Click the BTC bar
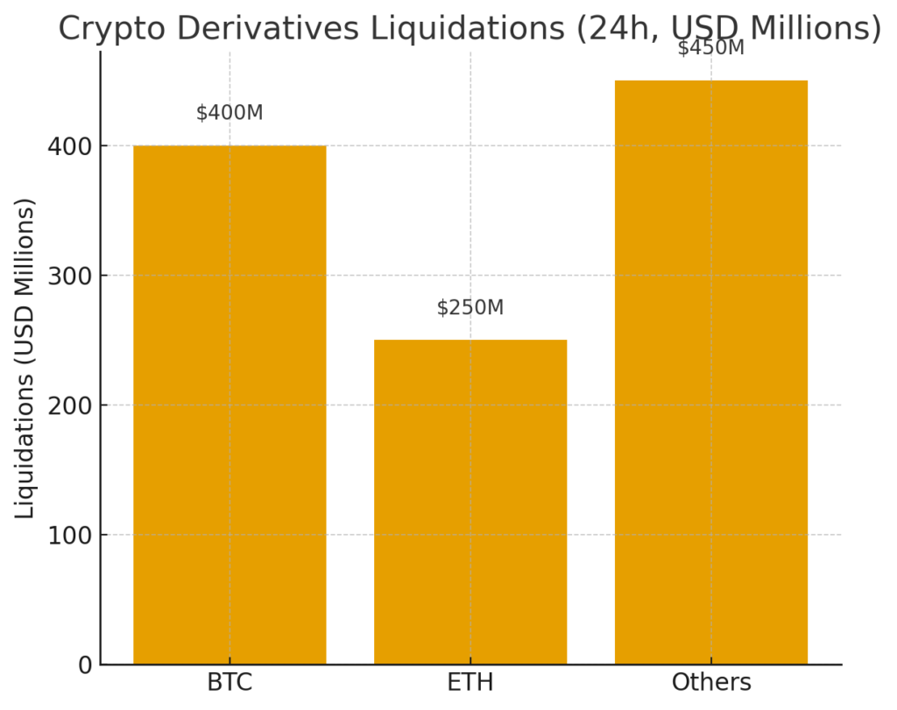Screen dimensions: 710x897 [x=230, y=404]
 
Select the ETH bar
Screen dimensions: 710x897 [x=470, y=502]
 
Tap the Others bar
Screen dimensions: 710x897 [x=711, y=372]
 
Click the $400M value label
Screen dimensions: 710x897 [x=230, y=113]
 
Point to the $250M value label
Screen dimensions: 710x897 [x=470, y=307]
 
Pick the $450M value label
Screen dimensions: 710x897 [x=711, y=47]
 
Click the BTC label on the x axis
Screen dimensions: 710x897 [x=230, y=683]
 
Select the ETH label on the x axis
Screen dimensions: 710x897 [x=470, y=683]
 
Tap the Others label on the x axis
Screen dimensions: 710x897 [x=711, y=683]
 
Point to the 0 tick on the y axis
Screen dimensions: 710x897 [x=85, y=665]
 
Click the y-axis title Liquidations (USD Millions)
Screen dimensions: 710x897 [x=25, y=357]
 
